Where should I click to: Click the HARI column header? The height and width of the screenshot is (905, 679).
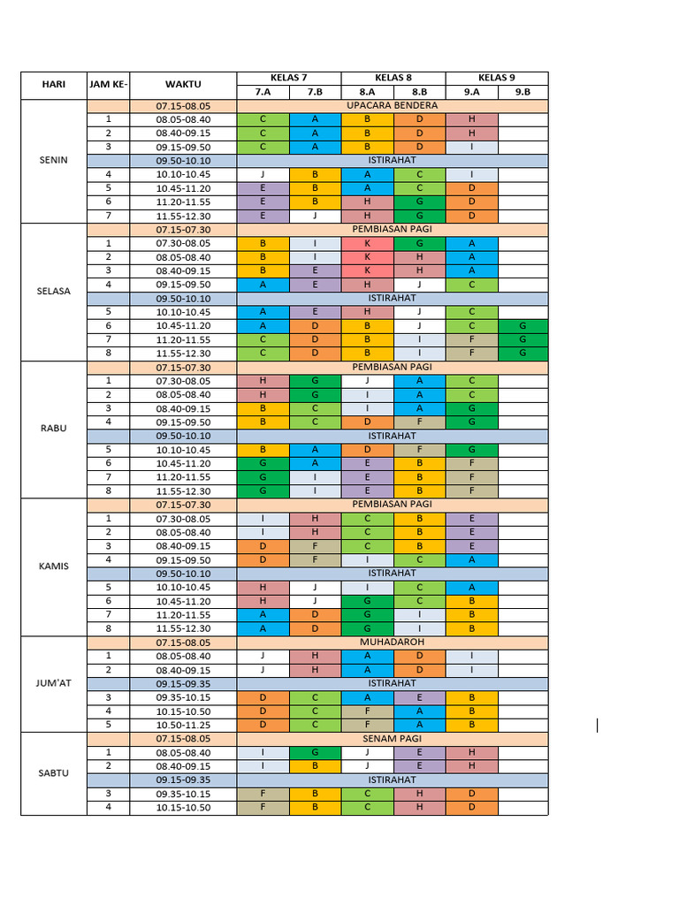53,85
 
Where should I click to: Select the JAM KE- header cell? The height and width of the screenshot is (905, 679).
109,85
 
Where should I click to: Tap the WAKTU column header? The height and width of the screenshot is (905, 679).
183,85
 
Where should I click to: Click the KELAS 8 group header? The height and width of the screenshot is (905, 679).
393,78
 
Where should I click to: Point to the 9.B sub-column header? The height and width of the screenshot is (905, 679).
522,92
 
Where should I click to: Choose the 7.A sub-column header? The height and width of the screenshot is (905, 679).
263,92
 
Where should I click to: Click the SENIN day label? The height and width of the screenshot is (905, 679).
53,161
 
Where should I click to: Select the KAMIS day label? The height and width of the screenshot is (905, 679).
53,566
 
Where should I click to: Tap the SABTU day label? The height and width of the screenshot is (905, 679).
53,772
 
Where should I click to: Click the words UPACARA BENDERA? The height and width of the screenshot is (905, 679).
393,105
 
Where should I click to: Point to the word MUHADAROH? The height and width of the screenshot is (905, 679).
393,642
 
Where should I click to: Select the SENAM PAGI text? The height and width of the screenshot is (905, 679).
393,738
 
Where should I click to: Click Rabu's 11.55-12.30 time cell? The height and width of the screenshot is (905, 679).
183,491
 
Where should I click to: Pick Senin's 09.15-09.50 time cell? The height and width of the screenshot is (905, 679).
183,147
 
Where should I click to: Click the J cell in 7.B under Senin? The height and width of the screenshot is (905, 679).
315,216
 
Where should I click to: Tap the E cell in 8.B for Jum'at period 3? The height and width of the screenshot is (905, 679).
419,697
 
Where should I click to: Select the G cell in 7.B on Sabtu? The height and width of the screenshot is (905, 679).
315,752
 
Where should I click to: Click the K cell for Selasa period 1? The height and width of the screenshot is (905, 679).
366,243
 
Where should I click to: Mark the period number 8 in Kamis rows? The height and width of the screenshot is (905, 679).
109,628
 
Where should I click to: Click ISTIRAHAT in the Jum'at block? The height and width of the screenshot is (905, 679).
393,683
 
